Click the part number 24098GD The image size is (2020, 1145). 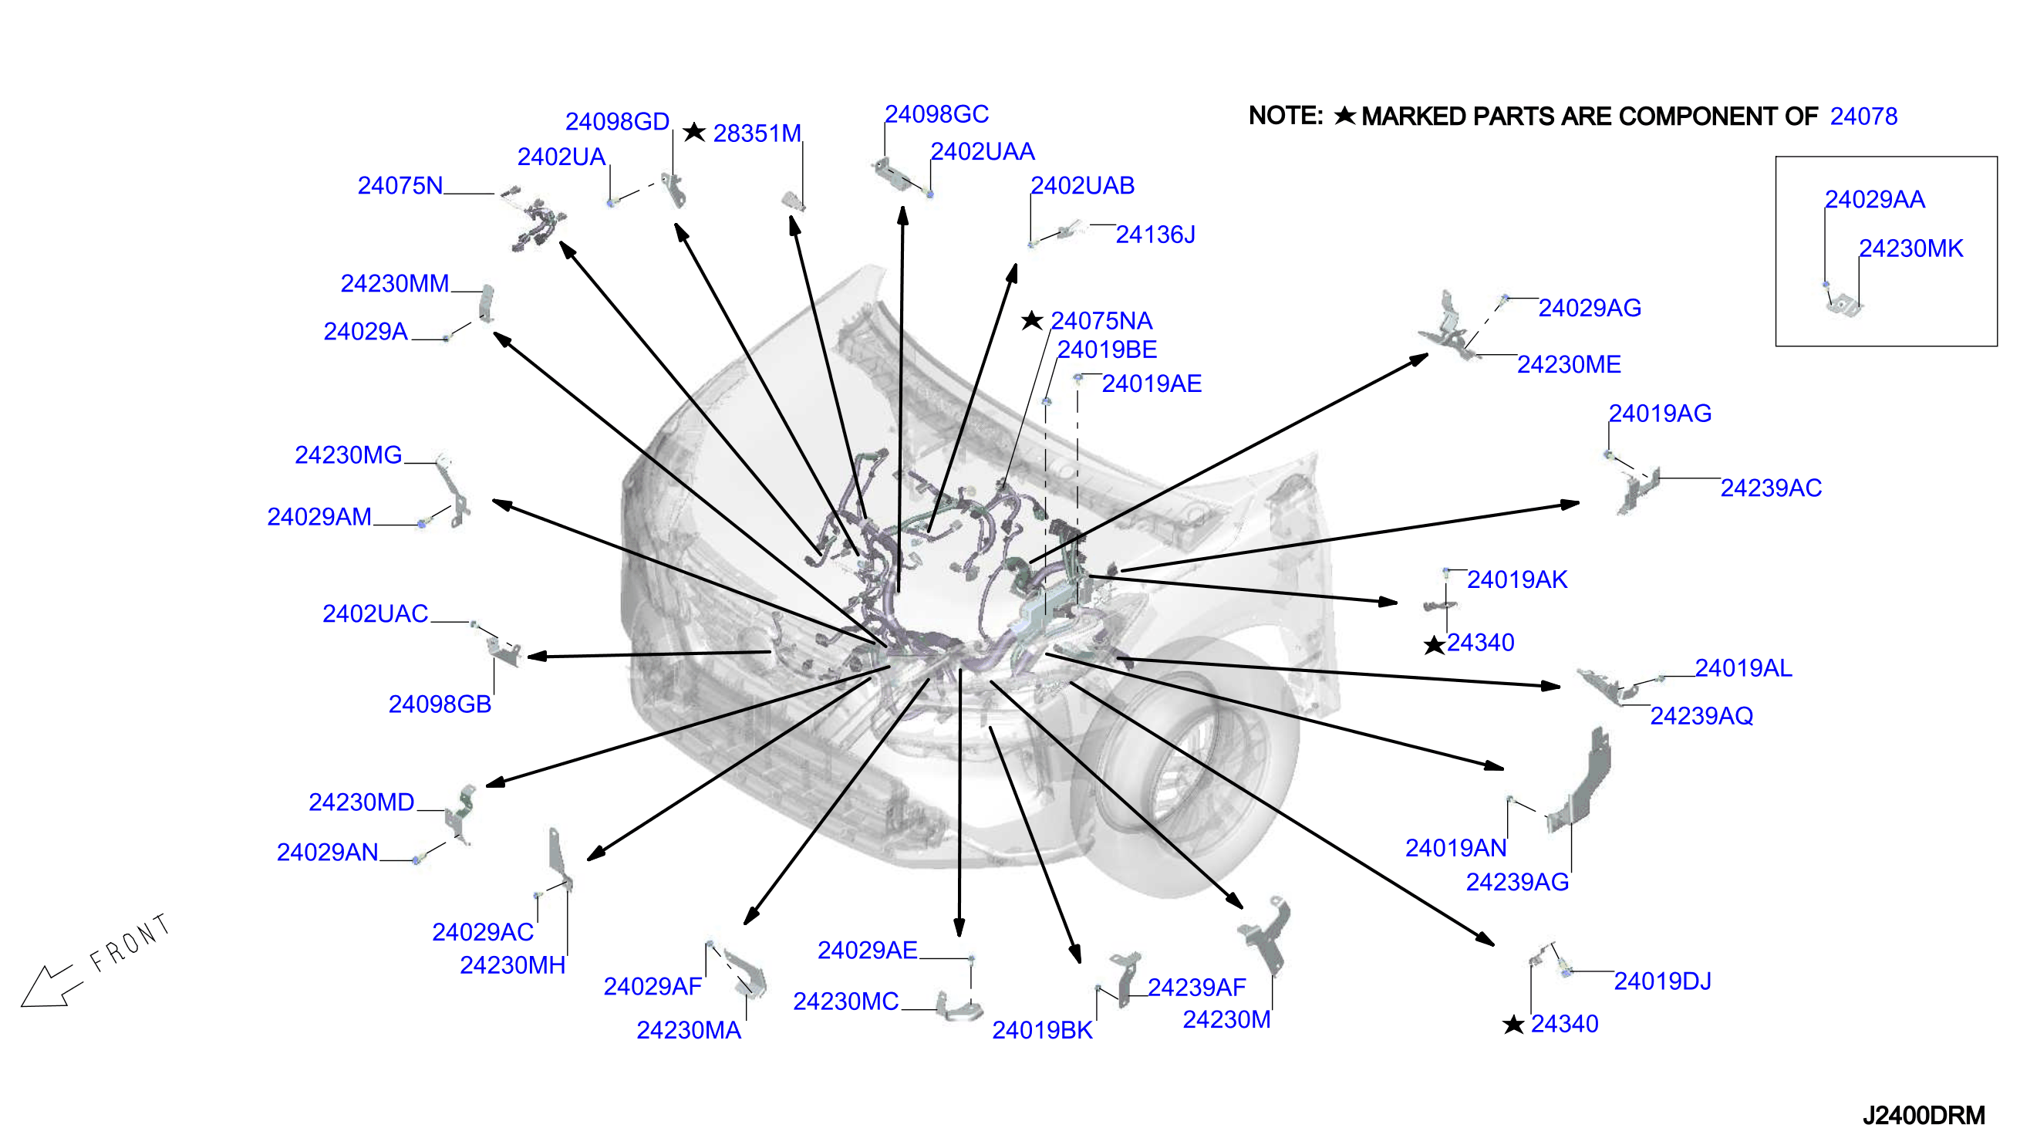pos(617,122)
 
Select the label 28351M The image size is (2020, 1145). pos(757,133)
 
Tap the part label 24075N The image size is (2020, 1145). pos(400,186)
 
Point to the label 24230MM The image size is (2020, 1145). pos(395,283)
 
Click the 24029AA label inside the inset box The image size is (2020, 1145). pos(1874,200)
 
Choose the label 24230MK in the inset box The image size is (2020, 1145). pos(1910,248)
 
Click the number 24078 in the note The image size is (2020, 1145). pos(1863,117)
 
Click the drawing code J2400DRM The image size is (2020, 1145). pos(1924,1115)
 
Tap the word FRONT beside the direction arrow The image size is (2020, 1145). pos(130,942)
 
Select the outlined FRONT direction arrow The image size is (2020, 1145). pos(49,987)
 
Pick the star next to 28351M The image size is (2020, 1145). pos(694,132)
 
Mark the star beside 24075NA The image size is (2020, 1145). pos(1032,320)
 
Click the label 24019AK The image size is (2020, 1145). pos(1517,579)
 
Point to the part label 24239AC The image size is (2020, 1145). pos(1771,488)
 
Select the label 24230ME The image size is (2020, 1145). pos(1569,365)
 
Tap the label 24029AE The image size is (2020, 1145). pos(867,951)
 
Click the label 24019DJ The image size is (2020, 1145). pos(1662,981)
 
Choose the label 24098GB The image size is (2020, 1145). pos(440,704)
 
